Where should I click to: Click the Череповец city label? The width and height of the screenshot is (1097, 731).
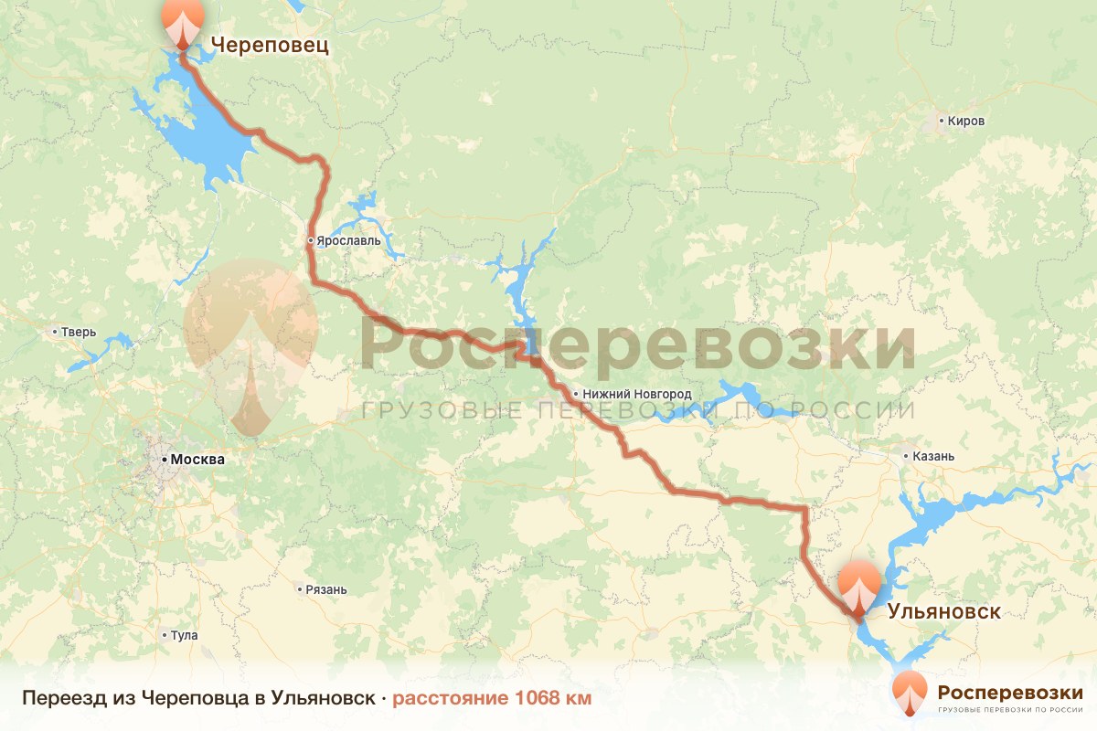(270, 45)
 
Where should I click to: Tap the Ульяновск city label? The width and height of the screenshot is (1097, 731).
(944, 611)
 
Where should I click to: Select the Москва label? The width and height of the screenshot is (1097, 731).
(197, 460)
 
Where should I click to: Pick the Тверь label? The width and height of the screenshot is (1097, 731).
(78, 332)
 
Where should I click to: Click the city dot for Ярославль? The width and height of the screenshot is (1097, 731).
(311, 241)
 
